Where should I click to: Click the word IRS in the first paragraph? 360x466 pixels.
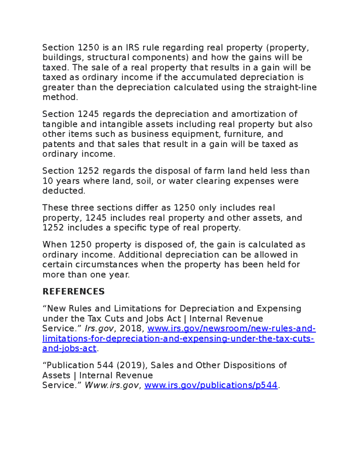coord(132,48)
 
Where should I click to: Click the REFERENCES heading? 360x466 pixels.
coord(73,292)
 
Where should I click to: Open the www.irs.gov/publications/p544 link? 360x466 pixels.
coord(211,385)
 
